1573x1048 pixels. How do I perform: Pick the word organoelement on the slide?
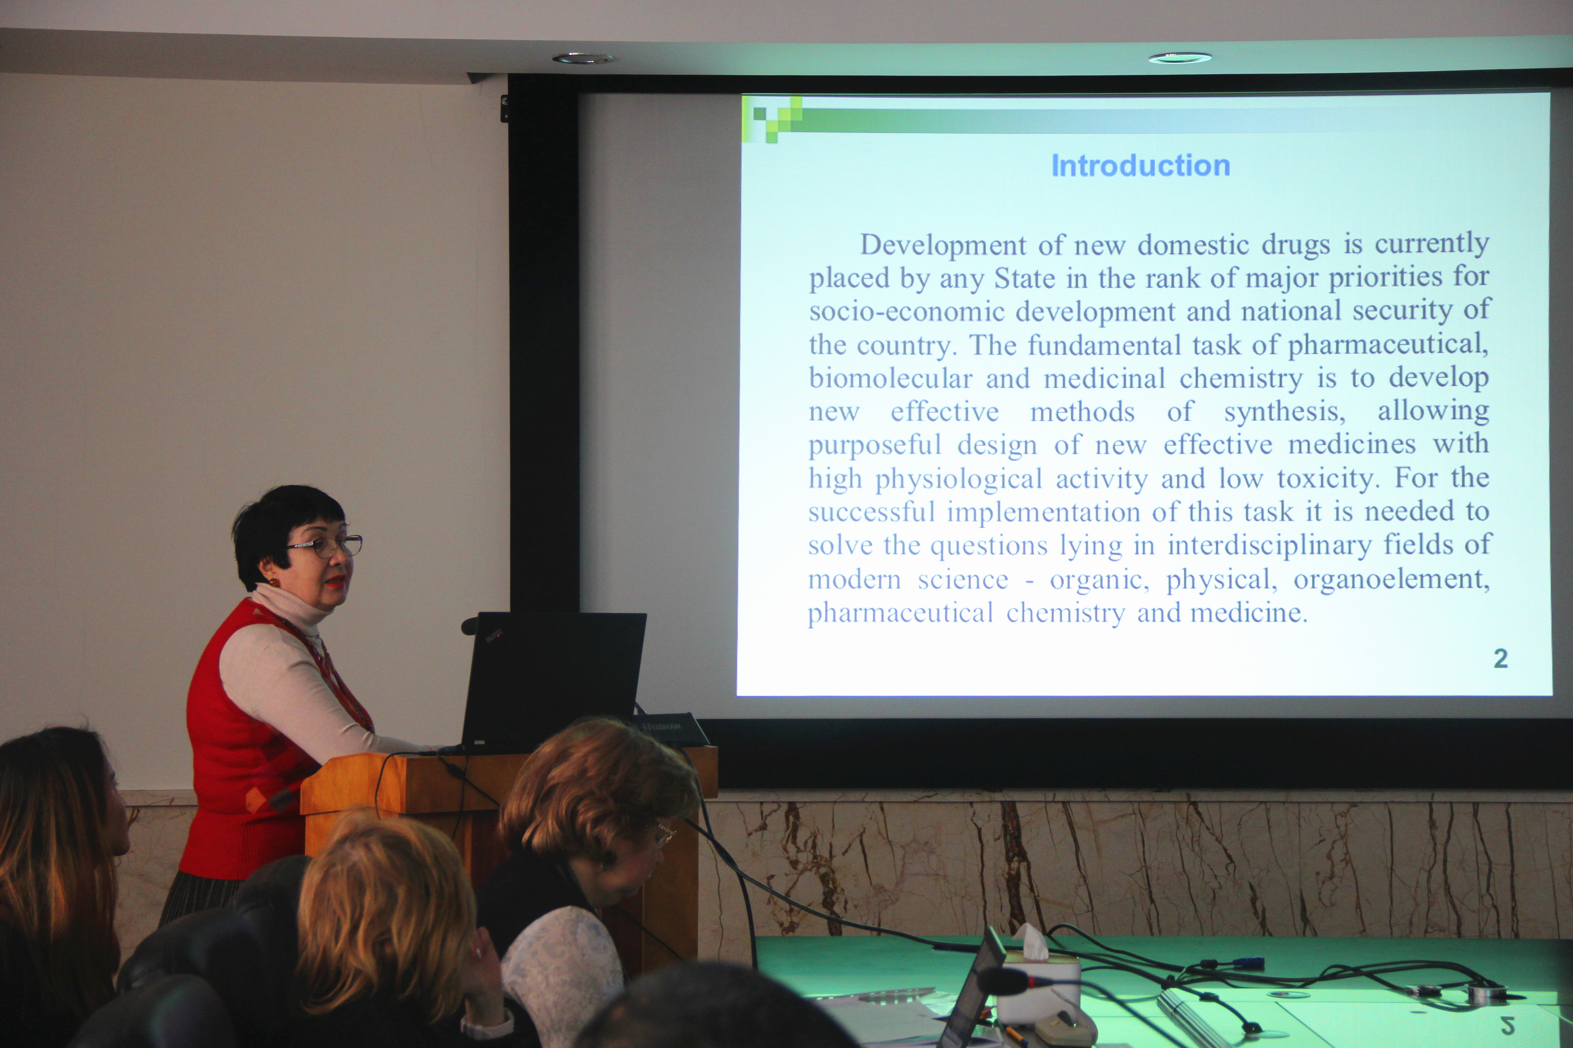1391,579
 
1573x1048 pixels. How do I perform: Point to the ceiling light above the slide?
1180,58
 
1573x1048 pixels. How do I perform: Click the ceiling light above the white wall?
582,59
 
